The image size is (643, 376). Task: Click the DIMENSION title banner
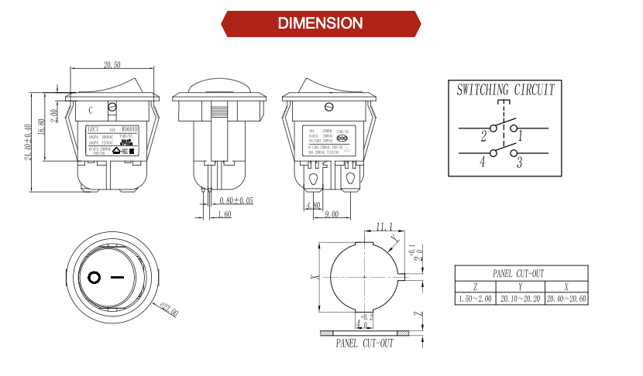(321, 23)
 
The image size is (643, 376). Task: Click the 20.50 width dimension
(113, 64)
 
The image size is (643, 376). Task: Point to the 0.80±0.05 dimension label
(236, 200)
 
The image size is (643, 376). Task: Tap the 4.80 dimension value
(314, 206)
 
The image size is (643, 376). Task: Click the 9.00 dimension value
(331, 214)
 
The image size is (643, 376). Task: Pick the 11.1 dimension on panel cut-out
(384, 227)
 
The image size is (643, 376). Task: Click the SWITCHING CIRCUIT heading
(505, 90)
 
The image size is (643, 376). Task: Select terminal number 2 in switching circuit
(483, 137)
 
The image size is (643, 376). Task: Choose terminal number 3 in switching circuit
(519, 162)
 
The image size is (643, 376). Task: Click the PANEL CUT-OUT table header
(519, 273)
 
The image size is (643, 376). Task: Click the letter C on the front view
(91, 110)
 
